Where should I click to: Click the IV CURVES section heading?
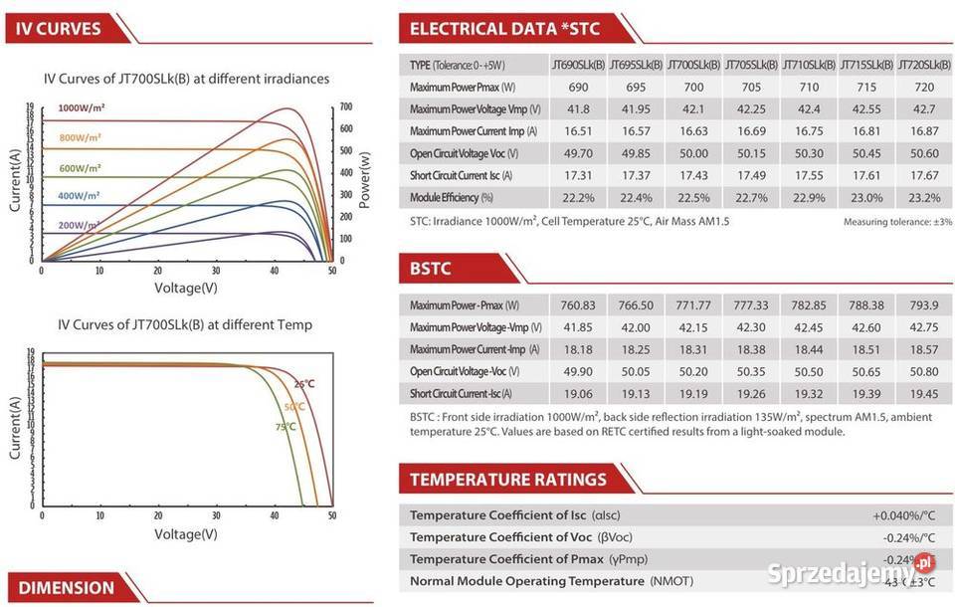tap(60, 29)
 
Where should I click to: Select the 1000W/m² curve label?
tap(82, 107)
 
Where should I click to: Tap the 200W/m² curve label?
tap(80, 226)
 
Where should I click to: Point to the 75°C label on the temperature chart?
tap(286, 427)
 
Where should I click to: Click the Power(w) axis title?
tap(365, 180)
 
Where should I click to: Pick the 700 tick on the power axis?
tap(346, 106)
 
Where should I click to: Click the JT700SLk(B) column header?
tap(693, 66)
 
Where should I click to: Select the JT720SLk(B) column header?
tap(924, 66)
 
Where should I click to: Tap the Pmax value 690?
tap(578, 88)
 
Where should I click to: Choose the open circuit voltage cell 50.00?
tap(693, 153)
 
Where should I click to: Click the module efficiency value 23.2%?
tap(924, 197)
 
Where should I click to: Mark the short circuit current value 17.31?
tap(578, 175)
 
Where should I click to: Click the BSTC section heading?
tap(431, 268)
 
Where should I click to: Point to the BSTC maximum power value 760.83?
tap(578, 305)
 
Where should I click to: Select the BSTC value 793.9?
tap(924, 305)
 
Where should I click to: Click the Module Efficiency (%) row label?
tap(452, 197)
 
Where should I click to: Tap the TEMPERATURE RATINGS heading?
tap(507, 480)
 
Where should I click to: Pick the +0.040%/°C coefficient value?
tap(904, 515)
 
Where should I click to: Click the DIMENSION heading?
tap(66, 587)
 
